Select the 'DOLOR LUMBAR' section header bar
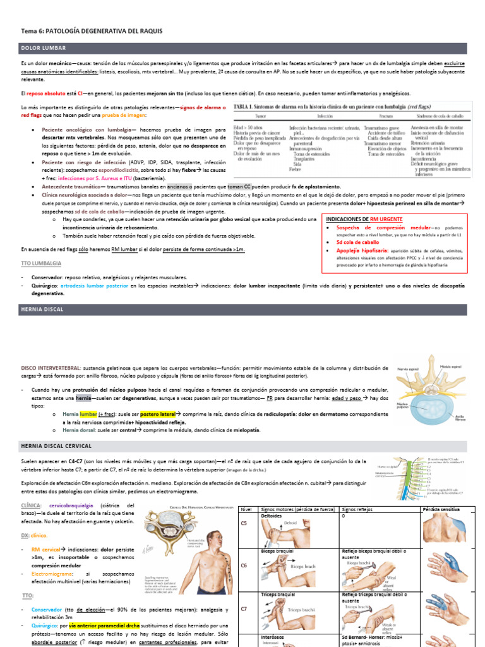[242, 48]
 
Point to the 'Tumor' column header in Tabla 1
[260, 117]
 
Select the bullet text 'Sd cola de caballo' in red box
[357, 242]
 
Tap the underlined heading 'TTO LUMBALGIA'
[42, 262]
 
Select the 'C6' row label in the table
[244, 565]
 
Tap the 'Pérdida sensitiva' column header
[441, 509]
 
